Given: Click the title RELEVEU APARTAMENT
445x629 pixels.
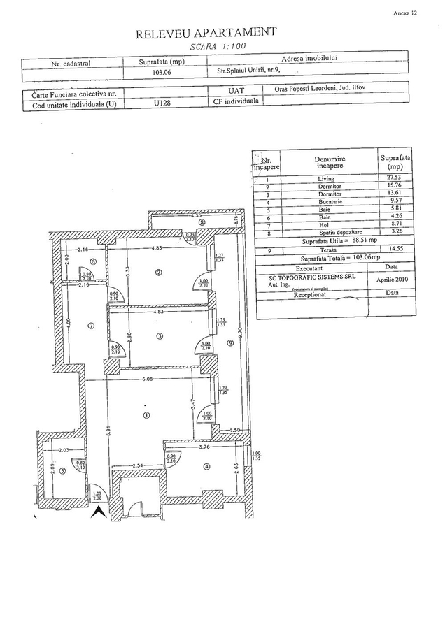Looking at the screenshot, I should (x=207, y=32).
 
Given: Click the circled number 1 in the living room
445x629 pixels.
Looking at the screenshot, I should (x=146, y=414).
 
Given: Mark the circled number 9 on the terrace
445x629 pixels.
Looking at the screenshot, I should (x=230, y=342).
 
